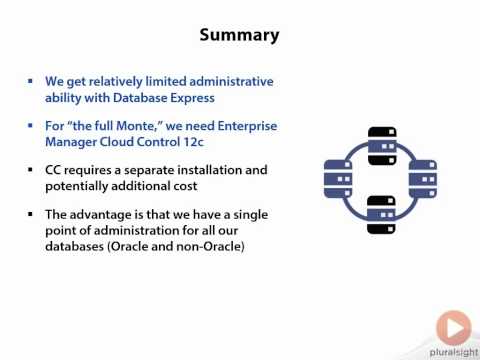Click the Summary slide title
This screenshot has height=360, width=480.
click(239, 35)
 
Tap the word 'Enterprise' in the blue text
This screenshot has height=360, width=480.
click(241, 126)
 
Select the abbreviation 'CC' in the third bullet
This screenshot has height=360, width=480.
click(54, 171)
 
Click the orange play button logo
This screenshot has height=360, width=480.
click(453, 327)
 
